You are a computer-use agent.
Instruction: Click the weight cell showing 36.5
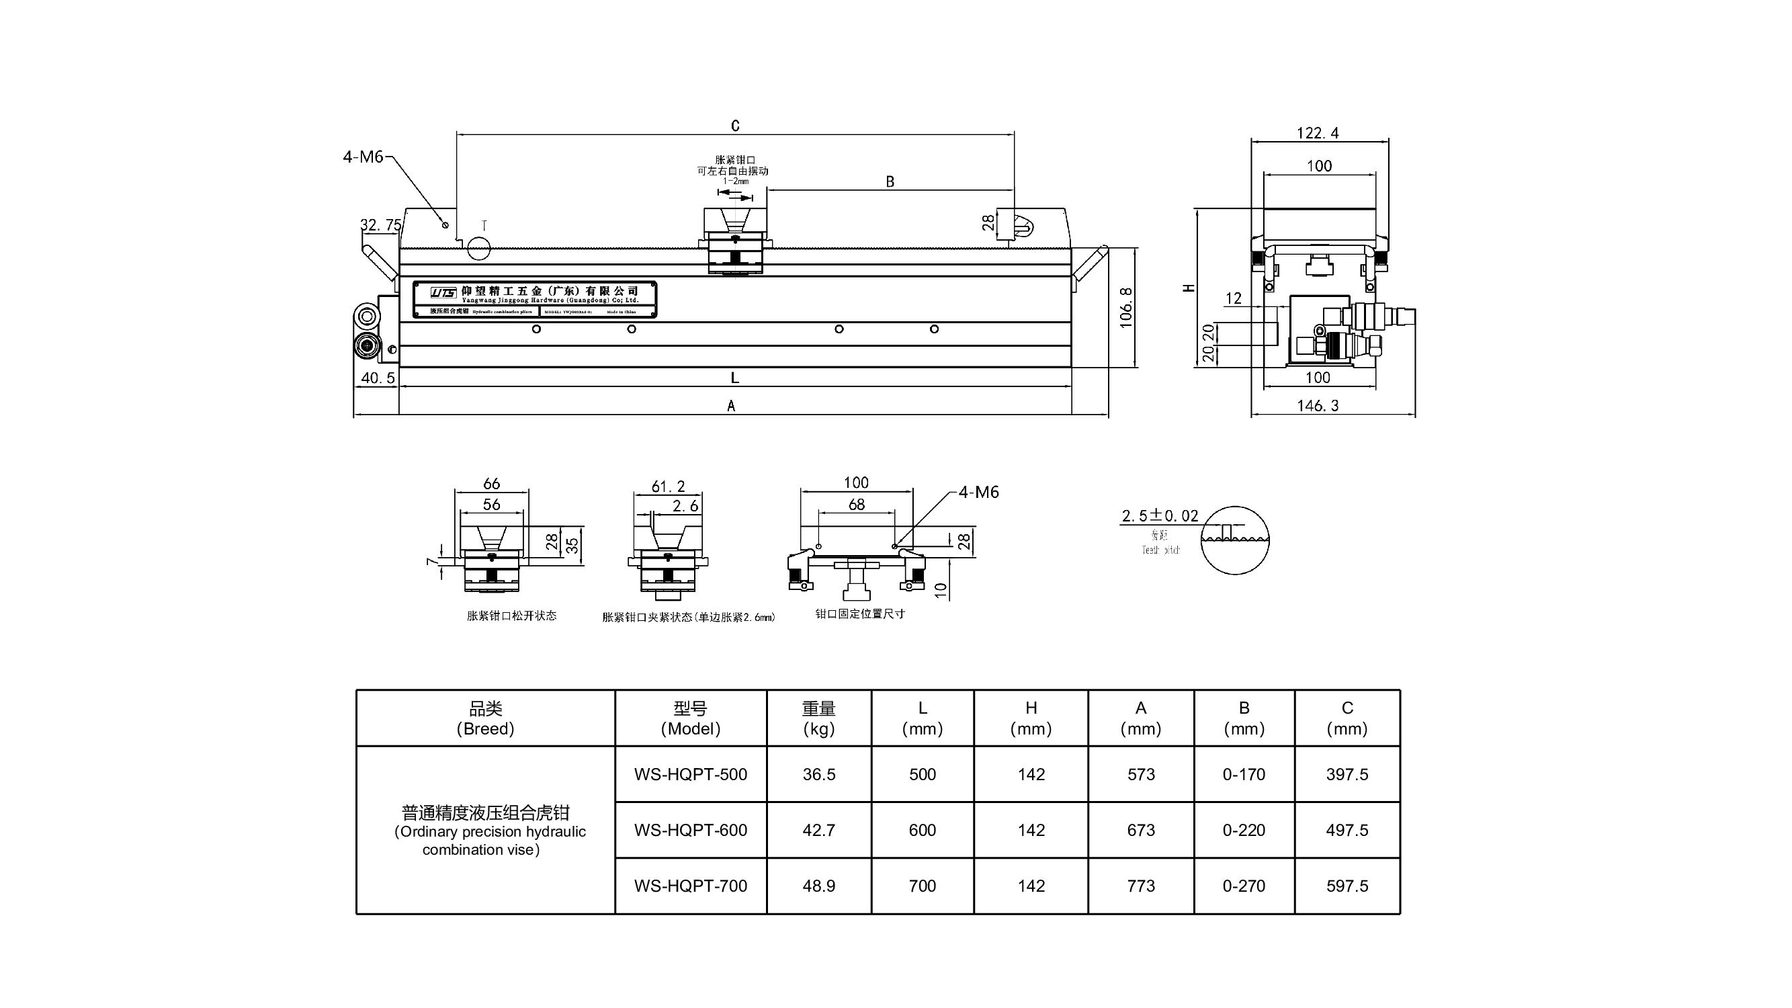click(818, 774)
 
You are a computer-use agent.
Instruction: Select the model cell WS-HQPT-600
click(690, 830)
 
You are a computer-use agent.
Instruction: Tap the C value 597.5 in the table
click(1347, 886)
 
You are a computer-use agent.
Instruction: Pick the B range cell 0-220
click(1244, 830)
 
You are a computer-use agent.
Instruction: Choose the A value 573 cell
click(1141, 774)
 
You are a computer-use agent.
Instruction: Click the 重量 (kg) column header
click(818, 718)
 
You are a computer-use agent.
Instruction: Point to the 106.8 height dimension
click(1126, 308)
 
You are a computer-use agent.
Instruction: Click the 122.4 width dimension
click(1318, 133)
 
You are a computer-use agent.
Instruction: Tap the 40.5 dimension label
click(378, 378)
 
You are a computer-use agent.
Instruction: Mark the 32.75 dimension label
click(380, 224)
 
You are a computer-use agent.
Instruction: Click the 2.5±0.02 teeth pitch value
click(1160, 515)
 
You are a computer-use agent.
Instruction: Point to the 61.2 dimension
click(668, 487)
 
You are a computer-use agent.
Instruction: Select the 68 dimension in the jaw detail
click(856, 505)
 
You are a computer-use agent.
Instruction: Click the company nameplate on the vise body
click(534, 300)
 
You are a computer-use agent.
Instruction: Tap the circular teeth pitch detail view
click(1235, 540)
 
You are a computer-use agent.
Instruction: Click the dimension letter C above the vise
click(735, 126)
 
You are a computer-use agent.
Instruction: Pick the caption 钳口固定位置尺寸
click(860, 614)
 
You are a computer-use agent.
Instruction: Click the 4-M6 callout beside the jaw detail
click(978, 493)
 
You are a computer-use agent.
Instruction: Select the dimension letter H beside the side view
click(1189, 288)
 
